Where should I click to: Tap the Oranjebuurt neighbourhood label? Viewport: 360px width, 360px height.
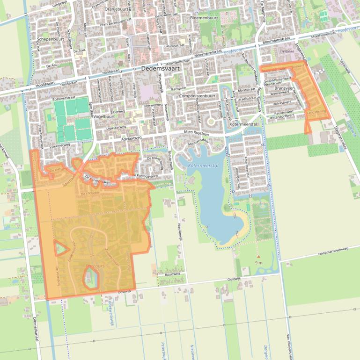click(117, 9)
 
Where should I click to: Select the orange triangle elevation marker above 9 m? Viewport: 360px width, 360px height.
click(258, 256)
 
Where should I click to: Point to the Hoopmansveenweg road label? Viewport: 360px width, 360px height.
click(333, 251)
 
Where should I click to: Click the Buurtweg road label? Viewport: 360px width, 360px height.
click(173, 274)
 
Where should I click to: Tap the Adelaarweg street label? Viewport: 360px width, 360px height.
click(132, 139)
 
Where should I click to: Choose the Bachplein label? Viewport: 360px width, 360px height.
click(179, 88)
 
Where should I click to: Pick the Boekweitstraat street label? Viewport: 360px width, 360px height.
click(64, 99)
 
